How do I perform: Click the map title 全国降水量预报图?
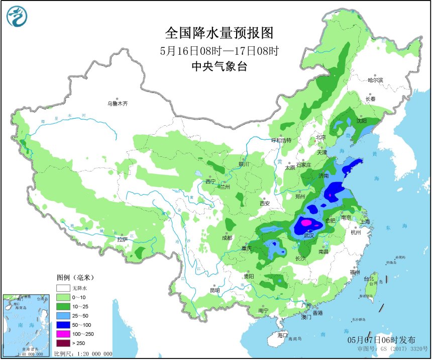coord(220,33)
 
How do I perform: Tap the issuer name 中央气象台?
coord(220,66)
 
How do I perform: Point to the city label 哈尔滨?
coord(375,80)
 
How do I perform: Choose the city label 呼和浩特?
coord(281,140)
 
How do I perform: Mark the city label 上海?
coord(365,222)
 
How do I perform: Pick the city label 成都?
coord(227,238)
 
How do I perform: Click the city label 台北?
coord(369,278)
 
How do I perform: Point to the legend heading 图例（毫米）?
coord(75,278)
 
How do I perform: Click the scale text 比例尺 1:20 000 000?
coord(83,353)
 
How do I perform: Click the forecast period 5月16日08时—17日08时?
coord(220,50)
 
